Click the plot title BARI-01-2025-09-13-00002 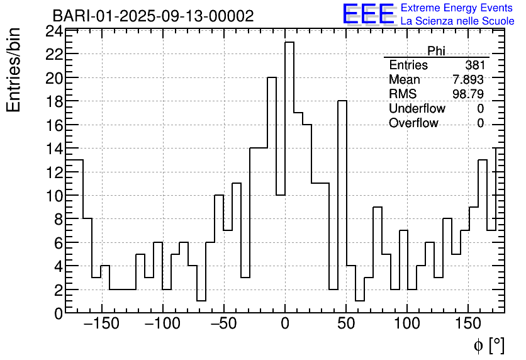[x=153, y=16]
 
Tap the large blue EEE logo [x=368, y=14]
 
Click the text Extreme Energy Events [x=457, y=8]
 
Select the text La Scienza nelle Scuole [x=457, y=21]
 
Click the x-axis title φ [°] [x=488, y=345]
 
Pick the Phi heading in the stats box [x=436, y=51]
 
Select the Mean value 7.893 [x=468, y=80]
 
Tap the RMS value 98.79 [x=468, y=94]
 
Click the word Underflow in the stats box [x=417, y=109]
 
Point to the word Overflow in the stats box [x=413, y=123]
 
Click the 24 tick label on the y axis [x=54, y=31]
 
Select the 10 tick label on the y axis [x=54, y=195]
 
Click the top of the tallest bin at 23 [x=289, y=43]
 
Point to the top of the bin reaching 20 [x=272, y=78]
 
